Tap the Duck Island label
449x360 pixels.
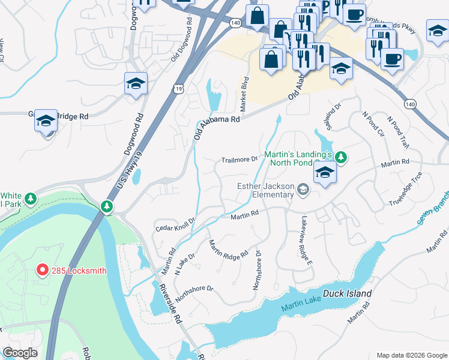(347, 294)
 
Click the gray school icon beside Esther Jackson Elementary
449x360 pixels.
(304, 190)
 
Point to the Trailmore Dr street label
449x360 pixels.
(239, 160)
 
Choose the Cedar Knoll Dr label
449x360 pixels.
(175, 224)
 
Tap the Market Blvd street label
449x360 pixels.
(245, 89)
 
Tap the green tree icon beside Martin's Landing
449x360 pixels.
(341, 158)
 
